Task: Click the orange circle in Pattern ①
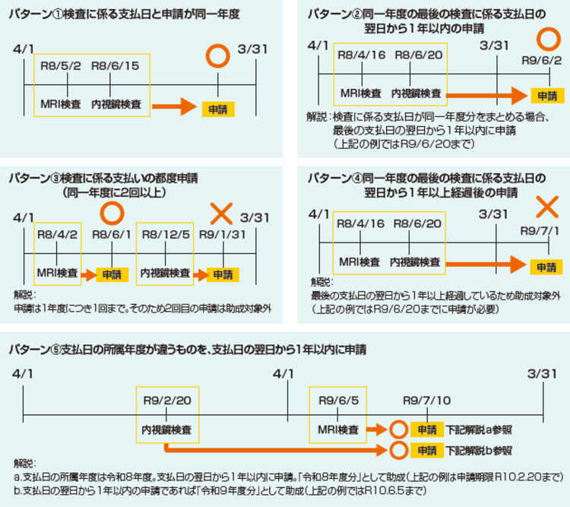point(218,56)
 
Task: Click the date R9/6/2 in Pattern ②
point(542,61)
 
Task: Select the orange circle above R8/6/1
point(112,211)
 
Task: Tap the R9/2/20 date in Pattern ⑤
point(167,400)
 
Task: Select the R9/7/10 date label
point(426,400)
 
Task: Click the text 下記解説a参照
point(479,430)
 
